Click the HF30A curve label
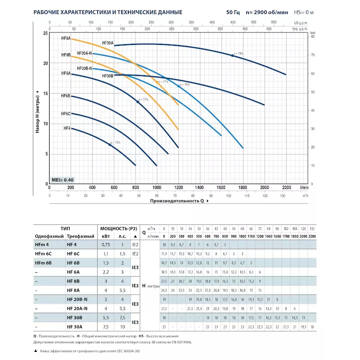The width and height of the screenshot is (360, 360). click(108, 43)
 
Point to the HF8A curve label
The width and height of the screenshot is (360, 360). click(66, 39)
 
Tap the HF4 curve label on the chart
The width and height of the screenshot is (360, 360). click(67, 128)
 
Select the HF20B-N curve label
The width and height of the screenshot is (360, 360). click(85, 68)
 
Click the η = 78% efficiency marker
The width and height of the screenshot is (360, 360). click(233, 55)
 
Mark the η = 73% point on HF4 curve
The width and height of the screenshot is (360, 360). click(109, 144)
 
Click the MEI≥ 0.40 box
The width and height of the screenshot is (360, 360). click(62, 179)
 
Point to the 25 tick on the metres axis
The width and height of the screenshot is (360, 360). click(45, 34)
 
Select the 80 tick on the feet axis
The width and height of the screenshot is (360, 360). click(313, 36)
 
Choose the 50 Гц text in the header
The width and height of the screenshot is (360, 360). click(233, 12)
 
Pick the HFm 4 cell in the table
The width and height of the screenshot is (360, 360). click(41, 245)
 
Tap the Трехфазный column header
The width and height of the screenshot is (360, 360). click(80, 236)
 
